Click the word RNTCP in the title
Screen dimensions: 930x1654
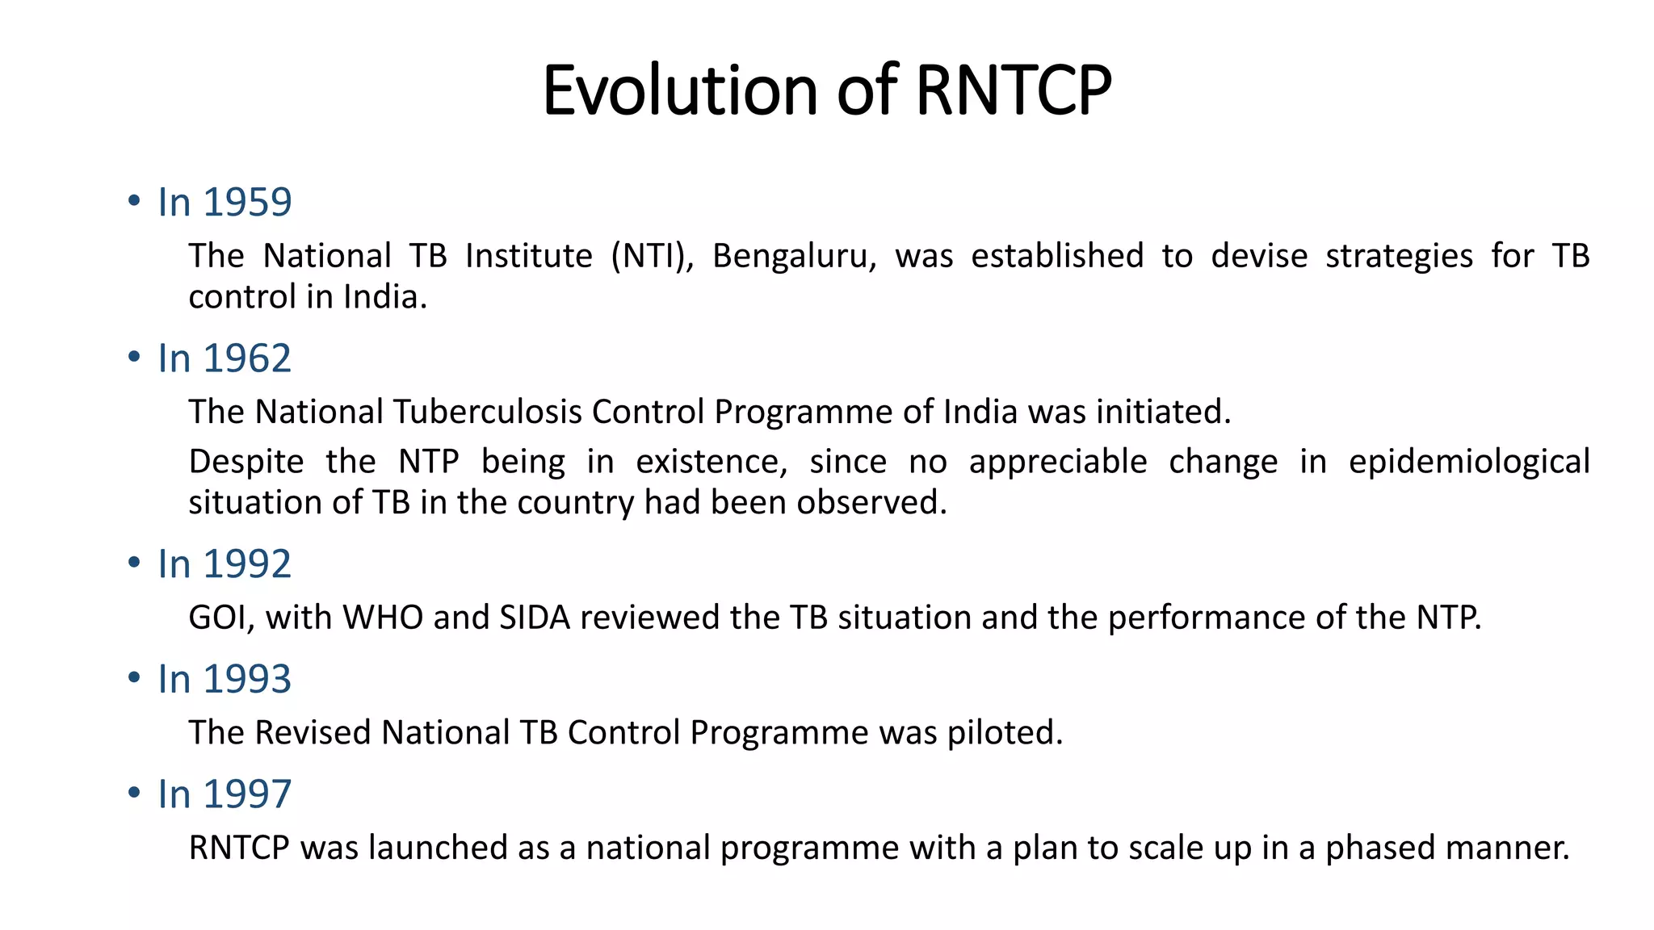click(1014, 90)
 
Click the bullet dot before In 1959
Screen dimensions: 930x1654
click(134, 201)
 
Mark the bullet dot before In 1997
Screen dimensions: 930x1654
click(134, 793)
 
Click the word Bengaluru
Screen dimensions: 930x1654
click(793, 257)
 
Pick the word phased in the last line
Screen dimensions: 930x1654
click(1379, 848)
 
